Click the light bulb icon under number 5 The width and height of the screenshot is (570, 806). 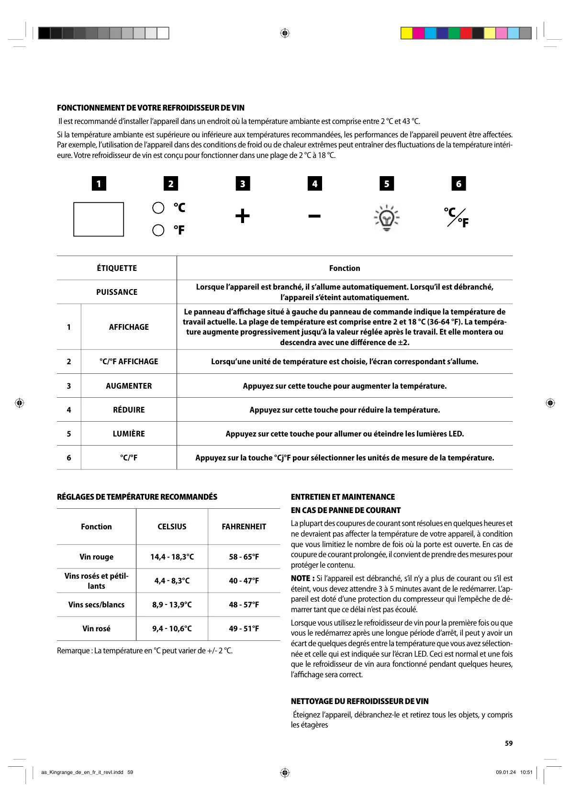click(386, 218)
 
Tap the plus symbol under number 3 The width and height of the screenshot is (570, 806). click(243, 216)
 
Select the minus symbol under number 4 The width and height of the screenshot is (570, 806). click(314, 216)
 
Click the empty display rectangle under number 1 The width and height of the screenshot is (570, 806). click(99, 219)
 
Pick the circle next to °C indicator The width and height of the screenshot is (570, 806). click(158, 208)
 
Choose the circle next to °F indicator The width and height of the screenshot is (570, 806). click(158, 230)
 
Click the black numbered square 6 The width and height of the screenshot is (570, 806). click(458, 184)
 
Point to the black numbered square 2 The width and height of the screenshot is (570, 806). click(171, 184)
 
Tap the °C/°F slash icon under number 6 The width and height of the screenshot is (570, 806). click(456, 218)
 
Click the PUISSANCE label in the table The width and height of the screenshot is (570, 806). click(117, 292)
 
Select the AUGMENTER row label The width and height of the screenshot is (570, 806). click(129, 386)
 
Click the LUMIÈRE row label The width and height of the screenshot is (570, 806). click(129, 434)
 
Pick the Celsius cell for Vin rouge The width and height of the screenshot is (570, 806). click(172, 557)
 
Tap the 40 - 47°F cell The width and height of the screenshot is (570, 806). click(244, 581)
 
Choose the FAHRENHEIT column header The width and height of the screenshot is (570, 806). click(244, 526)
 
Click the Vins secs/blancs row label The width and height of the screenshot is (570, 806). click(96, 604)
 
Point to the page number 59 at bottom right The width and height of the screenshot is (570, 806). click(508, 743)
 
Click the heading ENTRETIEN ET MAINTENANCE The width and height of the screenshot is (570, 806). click(343, 497)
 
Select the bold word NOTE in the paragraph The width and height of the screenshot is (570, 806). click(302, 578)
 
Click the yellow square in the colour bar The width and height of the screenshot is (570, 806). click(406, 33)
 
